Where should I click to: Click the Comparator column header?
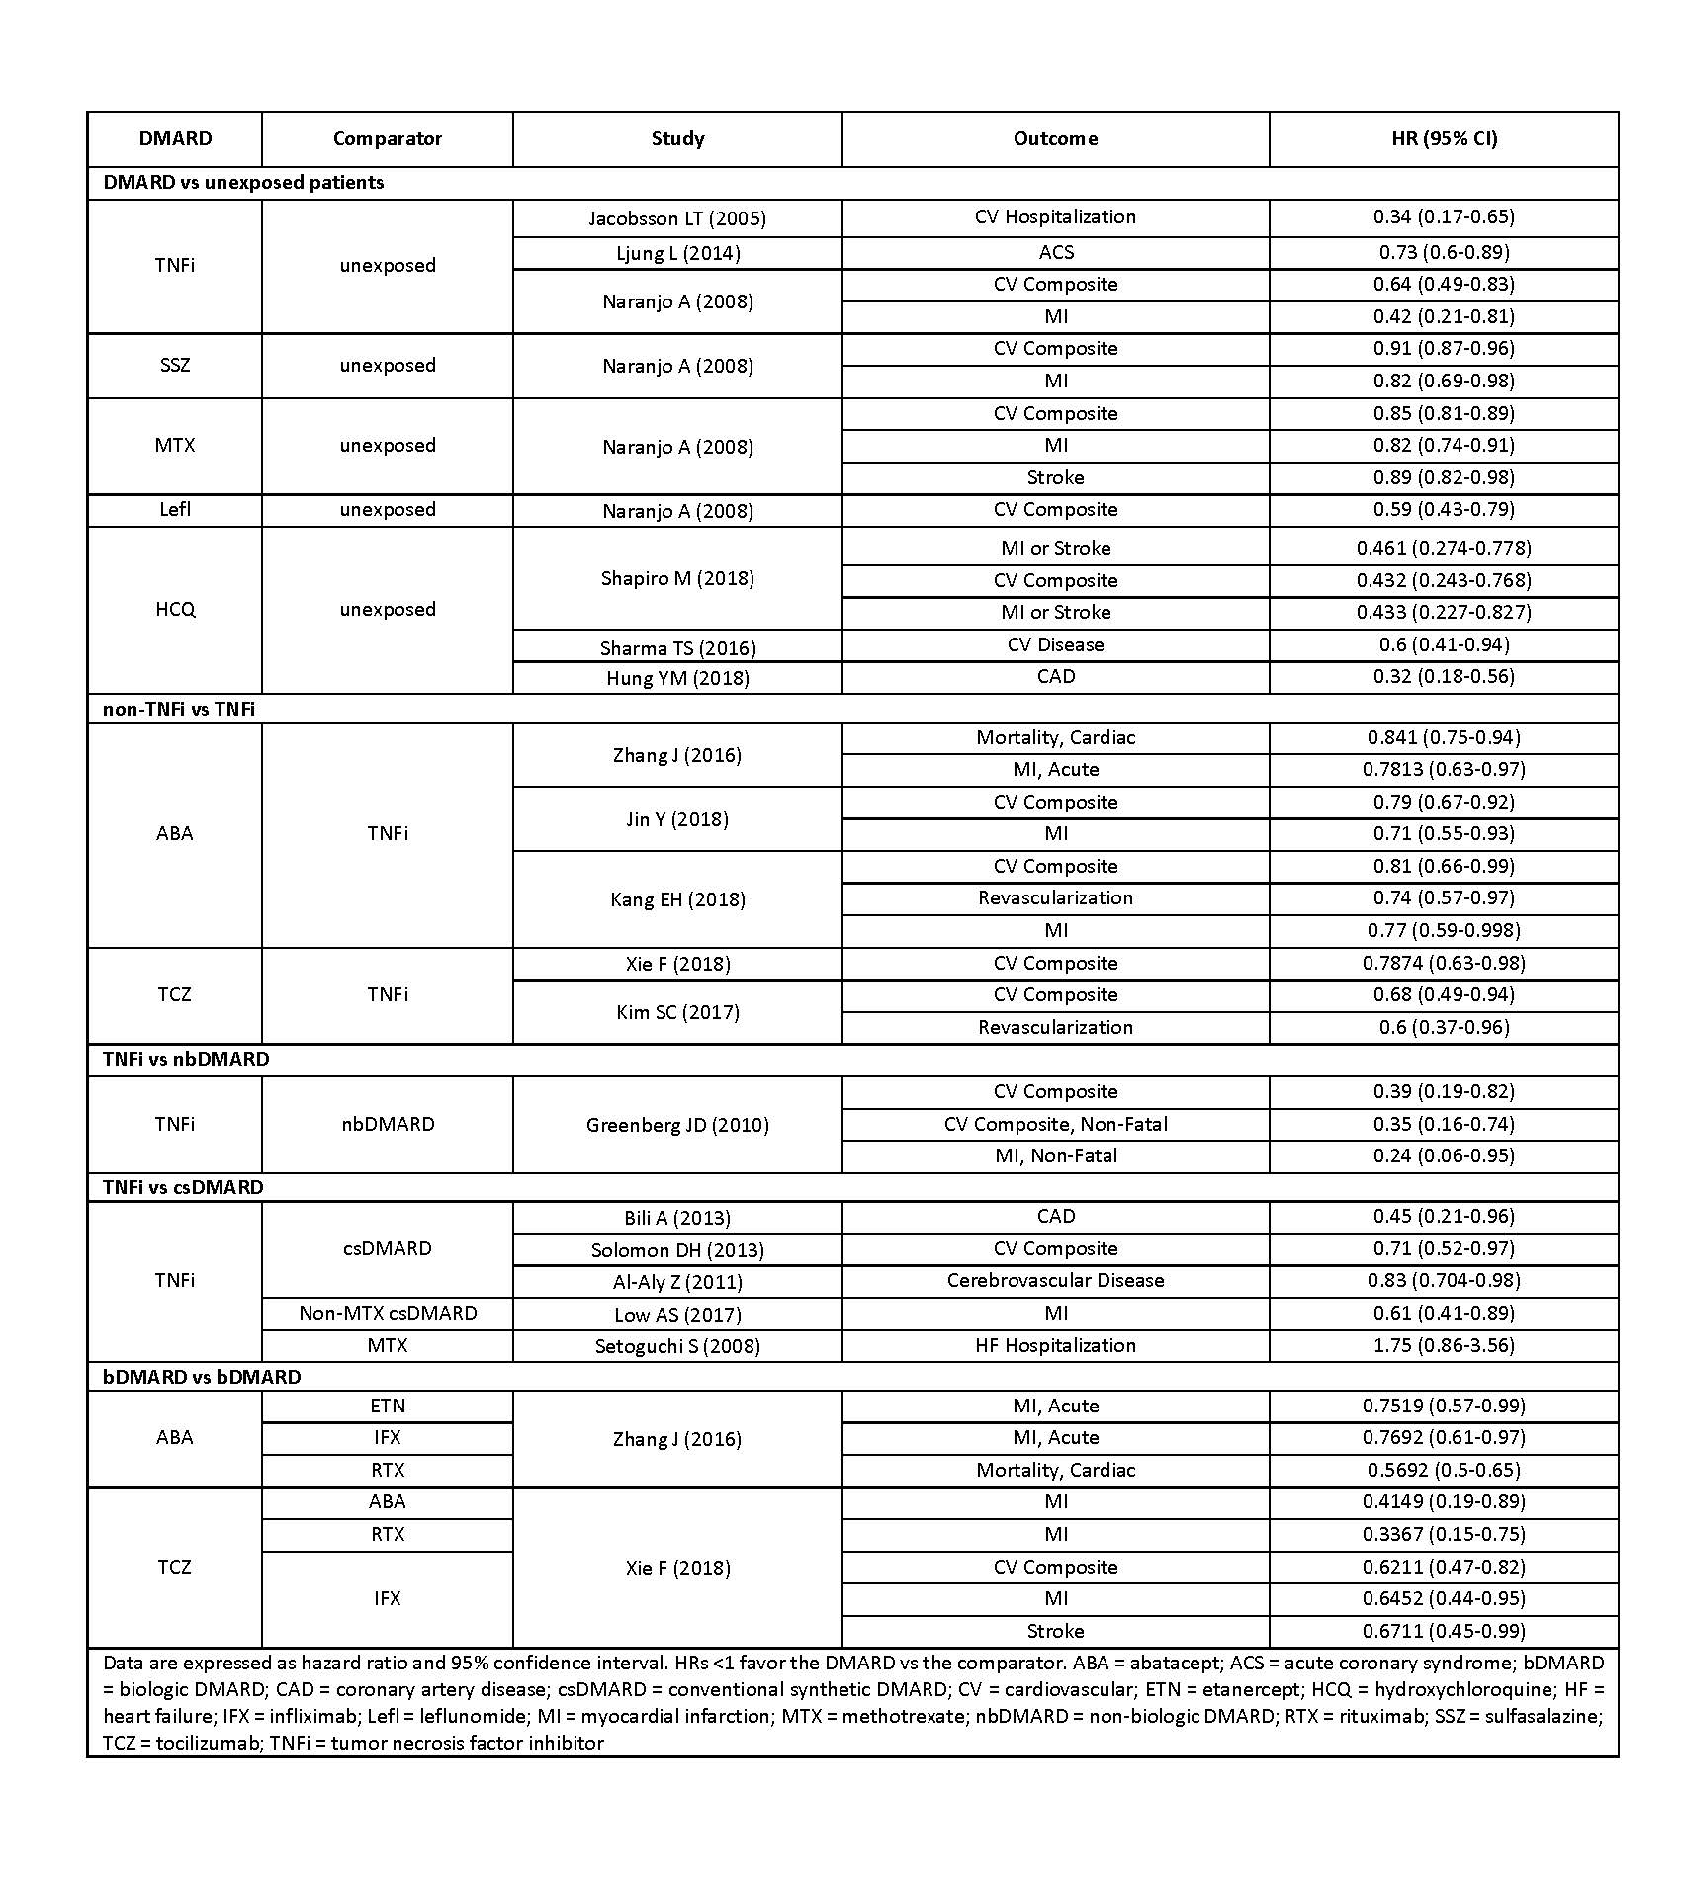click(x=387, y=139)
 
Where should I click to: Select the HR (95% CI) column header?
click(x=1444, y=139)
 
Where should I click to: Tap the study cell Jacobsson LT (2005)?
click(x=677, y=218)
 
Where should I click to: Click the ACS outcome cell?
click(x=1055, y=252)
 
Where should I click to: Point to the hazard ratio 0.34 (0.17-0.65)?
click(x=1444, y=217)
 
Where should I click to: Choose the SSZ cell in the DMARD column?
click(x=175, y=365)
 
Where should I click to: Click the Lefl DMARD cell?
click(x=175, y=510)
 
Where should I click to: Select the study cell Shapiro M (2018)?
click(x=677, y=578)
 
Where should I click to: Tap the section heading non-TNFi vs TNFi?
click(x=179, y=709)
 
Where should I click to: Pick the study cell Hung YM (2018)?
click(x=677, y=678)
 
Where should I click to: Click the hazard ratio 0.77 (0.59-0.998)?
click(x=1444, y=930)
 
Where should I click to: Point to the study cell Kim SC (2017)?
click(x=677, y=1012)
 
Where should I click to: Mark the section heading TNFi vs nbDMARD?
click(x=186, y=1059)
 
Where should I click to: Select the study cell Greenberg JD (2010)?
click(x=677, y=1125)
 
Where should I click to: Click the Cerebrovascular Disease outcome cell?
click(x=1055, y=1281)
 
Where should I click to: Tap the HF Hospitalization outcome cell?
click(x=1055, y=1345)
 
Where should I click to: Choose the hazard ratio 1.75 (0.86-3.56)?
click(x=1444, y=1345)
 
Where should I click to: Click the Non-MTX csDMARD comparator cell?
click(x=388, y=1313)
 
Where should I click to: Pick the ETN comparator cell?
click(x=388, y=1406)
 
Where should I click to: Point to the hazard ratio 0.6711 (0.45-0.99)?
click(x=1444, y=1631)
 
